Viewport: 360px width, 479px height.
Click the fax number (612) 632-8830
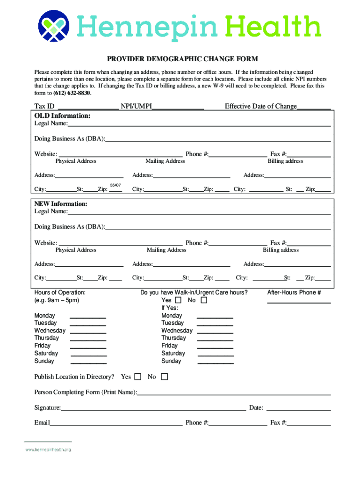pos(72,93)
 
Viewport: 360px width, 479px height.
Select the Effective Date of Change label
pos(260,107)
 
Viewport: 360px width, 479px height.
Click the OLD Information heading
pos(62,116)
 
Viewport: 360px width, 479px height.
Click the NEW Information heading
pos(61,204)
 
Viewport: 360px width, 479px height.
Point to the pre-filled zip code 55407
pos(115,186)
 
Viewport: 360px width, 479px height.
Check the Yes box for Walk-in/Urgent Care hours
pos(178,300)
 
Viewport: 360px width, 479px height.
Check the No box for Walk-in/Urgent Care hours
pos(203,300)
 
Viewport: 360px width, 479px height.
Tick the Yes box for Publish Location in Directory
pos(137,377)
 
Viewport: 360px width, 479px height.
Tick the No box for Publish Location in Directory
pos(164,377)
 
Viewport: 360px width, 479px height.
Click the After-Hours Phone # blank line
pos(299,302)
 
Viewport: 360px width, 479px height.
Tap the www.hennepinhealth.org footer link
pos(48,450)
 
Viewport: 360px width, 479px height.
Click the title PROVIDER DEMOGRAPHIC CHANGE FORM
pos(182,59)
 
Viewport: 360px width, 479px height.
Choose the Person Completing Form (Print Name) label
pos(86,392)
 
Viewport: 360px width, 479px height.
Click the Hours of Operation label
pos(60,293)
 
